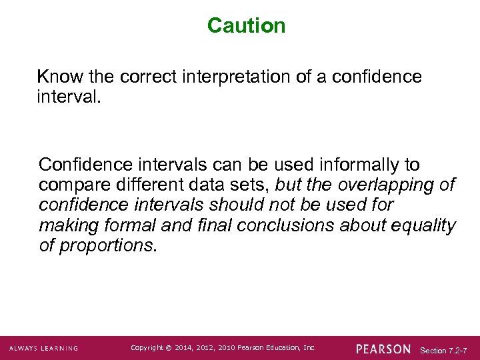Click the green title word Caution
point(246,26)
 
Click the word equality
point(425,225)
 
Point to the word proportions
point(107,245)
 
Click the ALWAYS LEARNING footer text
point(43,348)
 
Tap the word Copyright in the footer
point(147,347)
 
